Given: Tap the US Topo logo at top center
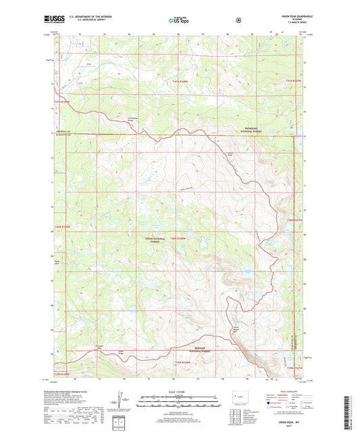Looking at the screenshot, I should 179,21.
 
